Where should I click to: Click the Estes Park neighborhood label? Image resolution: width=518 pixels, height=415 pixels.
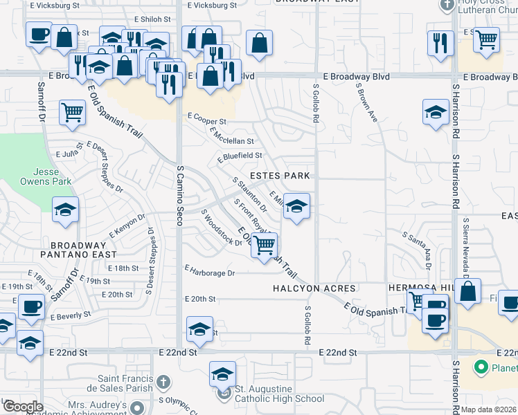click(x=279, y=176)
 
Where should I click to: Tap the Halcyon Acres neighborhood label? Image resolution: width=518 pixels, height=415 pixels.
click(x=314, y=288)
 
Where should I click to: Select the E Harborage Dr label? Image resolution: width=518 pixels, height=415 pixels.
click(x=211, y=273)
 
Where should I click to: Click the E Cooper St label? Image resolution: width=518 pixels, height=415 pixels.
click(x=206, y=120)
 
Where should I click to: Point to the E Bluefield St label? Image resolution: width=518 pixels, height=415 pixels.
click(x=240, y=157)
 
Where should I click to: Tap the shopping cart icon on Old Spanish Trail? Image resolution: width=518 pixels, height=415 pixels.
click(x=264, y=245)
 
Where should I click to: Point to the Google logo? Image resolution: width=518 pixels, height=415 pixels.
click(x=23, y=407)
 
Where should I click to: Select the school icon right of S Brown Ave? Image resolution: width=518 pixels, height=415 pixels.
click(x=436, y=112)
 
